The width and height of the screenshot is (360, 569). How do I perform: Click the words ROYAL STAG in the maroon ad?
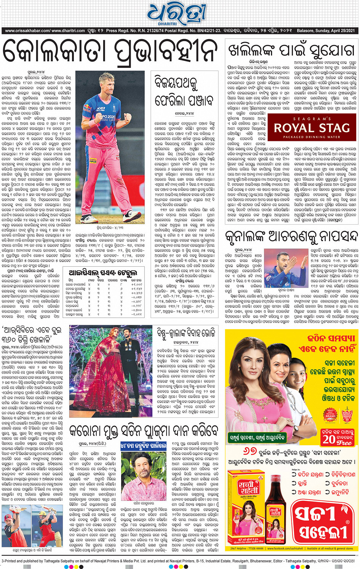point(312,128)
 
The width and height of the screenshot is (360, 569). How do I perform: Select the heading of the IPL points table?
point(102,273)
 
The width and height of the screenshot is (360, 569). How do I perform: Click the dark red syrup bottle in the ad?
point(275,518)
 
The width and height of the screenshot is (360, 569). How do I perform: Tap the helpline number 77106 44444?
point(253,549)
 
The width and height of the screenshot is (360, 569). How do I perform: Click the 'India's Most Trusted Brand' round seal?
point(330,415)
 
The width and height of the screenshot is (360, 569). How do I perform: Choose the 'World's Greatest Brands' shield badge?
point(347,415)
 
